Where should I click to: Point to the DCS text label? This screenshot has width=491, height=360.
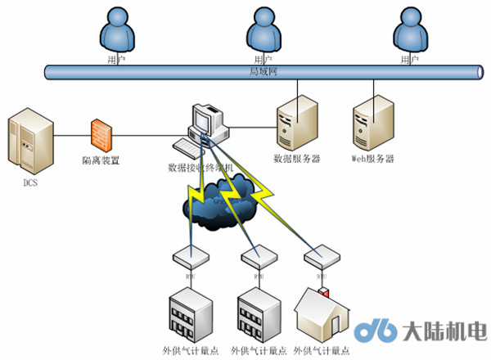tap(30, 182)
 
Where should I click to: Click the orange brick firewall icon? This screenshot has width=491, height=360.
tap(101, 132)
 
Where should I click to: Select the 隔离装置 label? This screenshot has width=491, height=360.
tap(101, 160)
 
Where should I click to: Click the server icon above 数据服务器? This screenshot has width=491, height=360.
tap(295, 124)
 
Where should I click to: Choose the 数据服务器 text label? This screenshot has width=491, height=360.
tap(296, 158)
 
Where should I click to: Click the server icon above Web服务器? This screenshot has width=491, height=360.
tap(372, 124)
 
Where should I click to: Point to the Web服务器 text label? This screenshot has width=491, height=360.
tap(372, 158)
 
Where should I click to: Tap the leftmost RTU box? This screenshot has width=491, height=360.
tap(189, 258)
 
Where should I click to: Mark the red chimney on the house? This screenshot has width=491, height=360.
tap(323, 291)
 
